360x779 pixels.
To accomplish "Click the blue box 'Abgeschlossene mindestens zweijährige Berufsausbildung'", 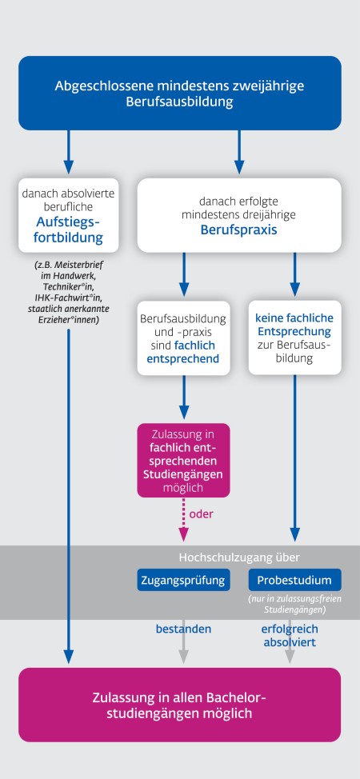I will tap(179, 94).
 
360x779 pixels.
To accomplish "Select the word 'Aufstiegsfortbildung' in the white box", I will tap(69, 230).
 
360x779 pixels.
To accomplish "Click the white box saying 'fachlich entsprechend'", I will tap(184, 339).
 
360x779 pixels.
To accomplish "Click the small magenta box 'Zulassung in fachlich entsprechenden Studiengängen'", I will tap(184, 460).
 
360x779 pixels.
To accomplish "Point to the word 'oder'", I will tap(202, 514).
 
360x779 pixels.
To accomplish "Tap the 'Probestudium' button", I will tap(294, 579).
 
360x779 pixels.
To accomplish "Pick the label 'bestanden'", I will tap(183, 629).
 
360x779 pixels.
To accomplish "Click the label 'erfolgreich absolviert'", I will tap(289, 635).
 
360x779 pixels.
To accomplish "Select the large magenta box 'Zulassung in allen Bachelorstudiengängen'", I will tap(179, 704).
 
